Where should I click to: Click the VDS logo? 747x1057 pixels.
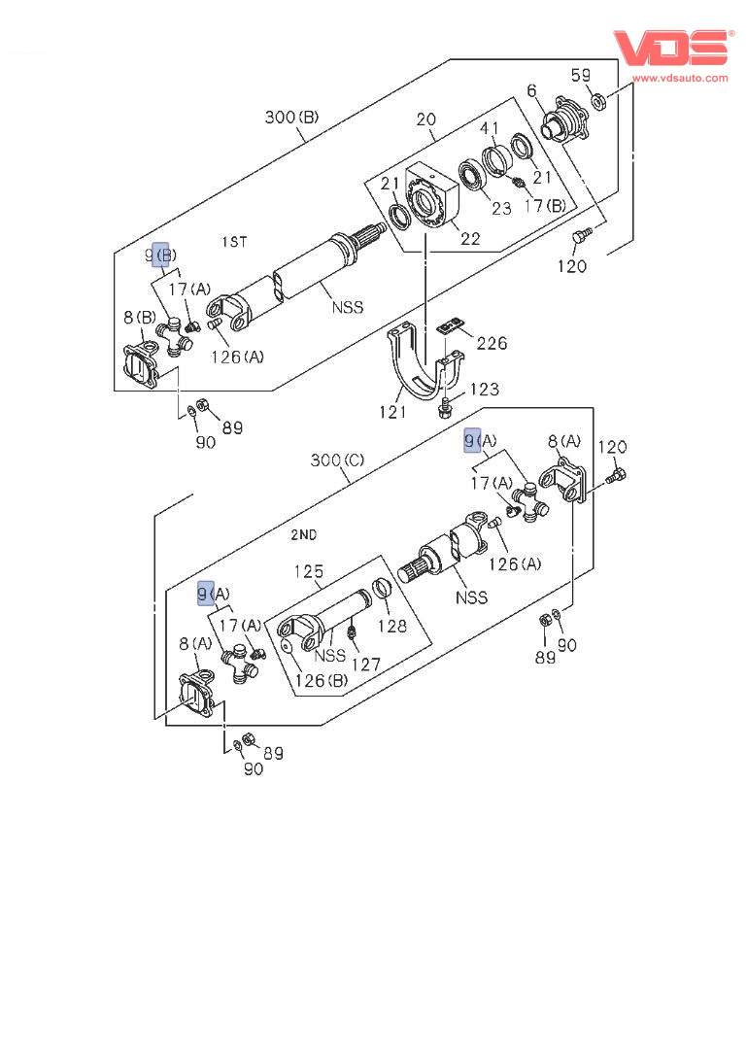click(x=670, y=48)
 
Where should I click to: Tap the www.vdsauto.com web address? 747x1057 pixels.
click(x=681, y=78)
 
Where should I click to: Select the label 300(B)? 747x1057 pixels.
click(x=291, y=119)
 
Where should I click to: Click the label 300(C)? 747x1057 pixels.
click(x=337, y=460)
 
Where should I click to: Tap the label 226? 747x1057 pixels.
click(x=491, y=343)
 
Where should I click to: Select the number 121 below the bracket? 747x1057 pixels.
click(x=393, y=412)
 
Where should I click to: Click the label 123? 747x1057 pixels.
click(x=484, y=390)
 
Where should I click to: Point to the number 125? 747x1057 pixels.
click(x=309, y=571)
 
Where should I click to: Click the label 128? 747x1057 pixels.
click(x=392, y=627)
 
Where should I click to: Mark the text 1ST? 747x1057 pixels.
click(x=235, y=240)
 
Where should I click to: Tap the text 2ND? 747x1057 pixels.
click(x=303, y=534)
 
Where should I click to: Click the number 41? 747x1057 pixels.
click(x=490, y=127)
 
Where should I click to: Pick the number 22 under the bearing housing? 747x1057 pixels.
click(x=470, y=238)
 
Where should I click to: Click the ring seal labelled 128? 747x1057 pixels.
click(x=383, y=589)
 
